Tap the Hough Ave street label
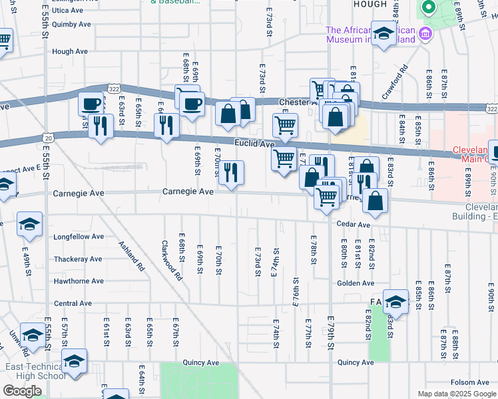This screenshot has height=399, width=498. click(70, 51)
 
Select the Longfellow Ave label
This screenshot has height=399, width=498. click(79, 236)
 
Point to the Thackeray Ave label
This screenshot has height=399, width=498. click(77, 259)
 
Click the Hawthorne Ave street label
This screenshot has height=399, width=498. click(79, 281)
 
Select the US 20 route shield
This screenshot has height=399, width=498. click(49, 136)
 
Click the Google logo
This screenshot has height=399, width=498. click(22, 391)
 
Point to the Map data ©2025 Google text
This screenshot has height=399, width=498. click(457, 394)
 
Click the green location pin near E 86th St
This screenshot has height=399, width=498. click(427, 8)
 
